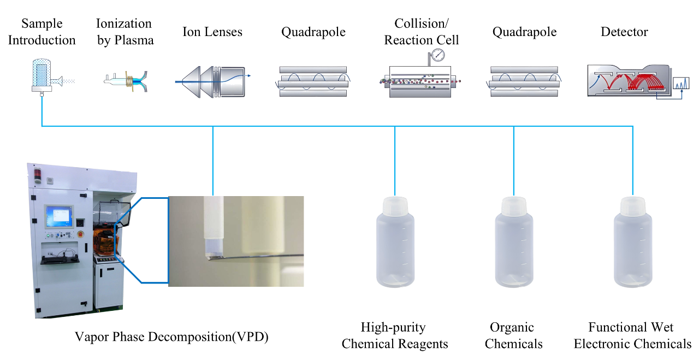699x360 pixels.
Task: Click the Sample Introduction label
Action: click(42, 32)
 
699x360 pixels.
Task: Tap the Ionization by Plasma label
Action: click(125, 32)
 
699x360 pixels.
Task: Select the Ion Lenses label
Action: click(212, 32)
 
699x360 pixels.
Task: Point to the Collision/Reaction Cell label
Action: click(421, 32)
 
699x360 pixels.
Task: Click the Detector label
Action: click(624, 32)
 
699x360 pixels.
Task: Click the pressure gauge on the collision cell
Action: click(437, 56)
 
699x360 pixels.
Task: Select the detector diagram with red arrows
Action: click(628, 81)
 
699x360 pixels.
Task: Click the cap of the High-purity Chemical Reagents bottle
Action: click(395, 206)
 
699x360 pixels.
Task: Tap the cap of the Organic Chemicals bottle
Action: click(513, 206)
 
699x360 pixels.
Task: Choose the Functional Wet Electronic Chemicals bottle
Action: click(632, 243)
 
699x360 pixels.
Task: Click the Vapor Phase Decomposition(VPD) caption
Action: click(172, 337)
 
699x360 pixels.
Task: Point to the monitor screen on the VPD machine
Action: click(60, 216)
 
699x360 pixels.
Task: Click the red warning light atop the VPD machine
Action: click(38, 174)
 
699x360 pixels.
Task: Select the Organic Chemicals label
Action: click(513, 335)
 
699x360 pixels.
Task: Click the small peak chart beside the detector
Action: click(681, 84)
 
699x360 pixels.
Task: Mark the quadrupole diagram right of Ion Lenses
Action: click(313, 81)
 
